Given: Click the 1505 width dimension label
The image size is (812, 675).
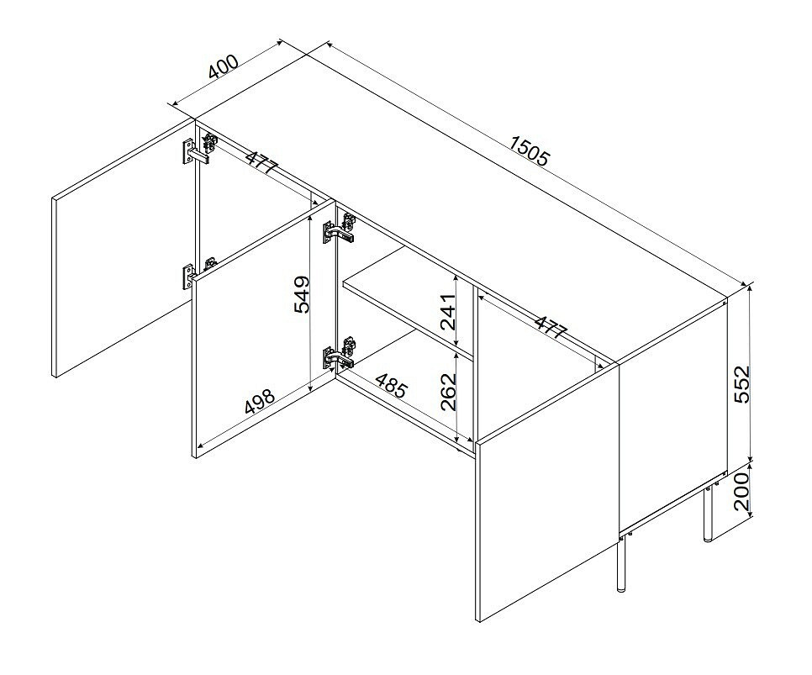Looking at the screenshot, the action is (529, 150).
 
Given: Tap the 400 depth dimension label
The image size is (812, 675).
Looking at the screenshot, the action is (224, 66).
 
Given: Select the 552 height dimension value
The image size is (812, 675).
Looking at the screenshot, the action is (741, 384).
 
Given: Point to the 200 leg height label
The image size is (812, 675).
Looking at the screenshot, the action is (741, 491).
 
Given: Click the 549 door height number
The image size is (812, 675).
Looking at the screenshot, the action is (302, 294).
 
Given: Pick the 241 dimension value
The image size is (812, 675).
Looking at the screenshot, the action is (447, 312).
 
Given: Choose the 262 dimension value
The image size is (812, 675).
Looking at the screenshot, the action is (449, 392).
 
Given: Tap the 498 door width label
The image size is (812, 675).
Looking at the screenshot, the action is (259, 402).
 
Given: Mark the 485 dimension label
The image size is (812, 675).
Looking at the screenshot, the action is (392, 386).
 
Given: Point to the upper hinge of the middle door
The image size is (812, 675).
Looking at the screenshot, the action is (340, 229).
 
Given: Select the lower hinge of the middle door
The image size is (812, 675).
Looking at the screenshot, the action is (340, 352).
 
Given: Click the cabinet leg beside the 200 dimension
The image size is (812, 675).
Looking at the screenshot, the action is (708, 514).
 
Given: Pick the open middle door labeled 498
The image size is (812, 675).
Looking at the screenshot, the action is (263, 329).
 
